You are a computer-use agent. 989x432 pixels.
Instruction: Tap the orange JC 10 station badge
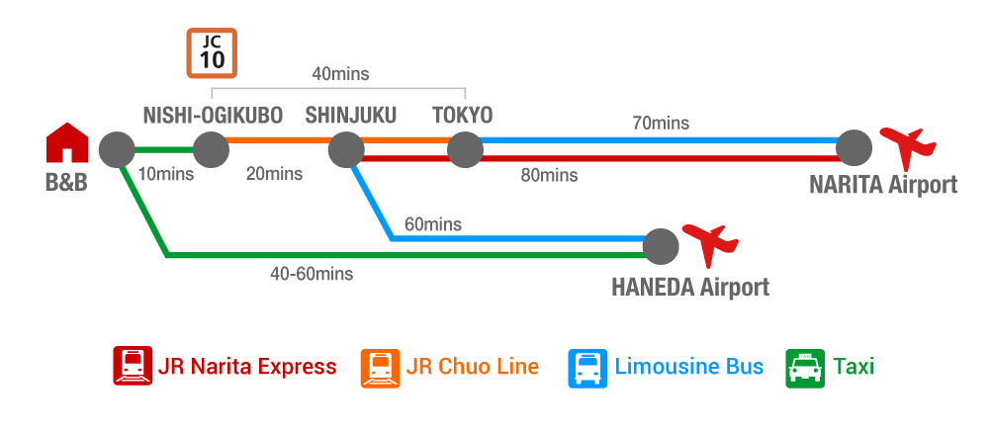[212, 52]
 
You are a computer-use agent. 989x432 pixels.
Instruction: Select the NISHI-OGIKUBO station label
[213, 116]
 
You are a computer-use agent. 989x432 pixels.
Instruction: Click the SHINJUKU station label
[350, 116]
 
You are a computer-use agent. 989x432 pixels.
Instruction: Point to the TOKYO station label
[462, 116]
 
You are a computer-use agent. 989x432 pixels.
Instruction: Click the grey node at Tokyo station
[464, 150]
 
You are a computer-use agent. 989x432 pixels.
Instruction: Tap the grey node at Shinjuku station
[346, 150]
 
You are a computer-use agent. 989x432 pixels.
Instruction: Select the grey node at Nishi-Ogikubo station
[211, 150]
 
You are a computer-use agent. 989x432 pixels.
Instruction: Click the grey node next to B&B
[116, 150]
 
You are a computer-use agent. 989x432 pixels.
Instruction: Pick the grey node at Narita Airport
[854, 149]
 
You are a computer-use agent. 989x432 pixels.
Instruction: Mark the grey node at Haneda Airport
[661, 246]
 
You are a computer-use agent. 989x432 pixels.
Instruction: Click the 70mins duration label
[661, 124]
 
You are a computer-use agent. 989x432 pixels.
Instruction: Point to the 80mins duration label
[548, 176]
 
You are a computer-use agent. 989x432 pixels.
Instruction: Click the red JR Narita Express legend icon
[132, 367]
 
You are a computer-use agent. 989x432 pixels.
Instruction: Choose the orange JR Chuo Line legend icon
[381, 367]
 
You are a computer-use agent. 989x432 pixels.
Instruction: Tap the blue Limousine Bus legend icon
[586, 367]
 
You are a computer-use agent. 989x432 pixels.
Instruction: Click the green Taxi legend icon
[803, 367]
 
